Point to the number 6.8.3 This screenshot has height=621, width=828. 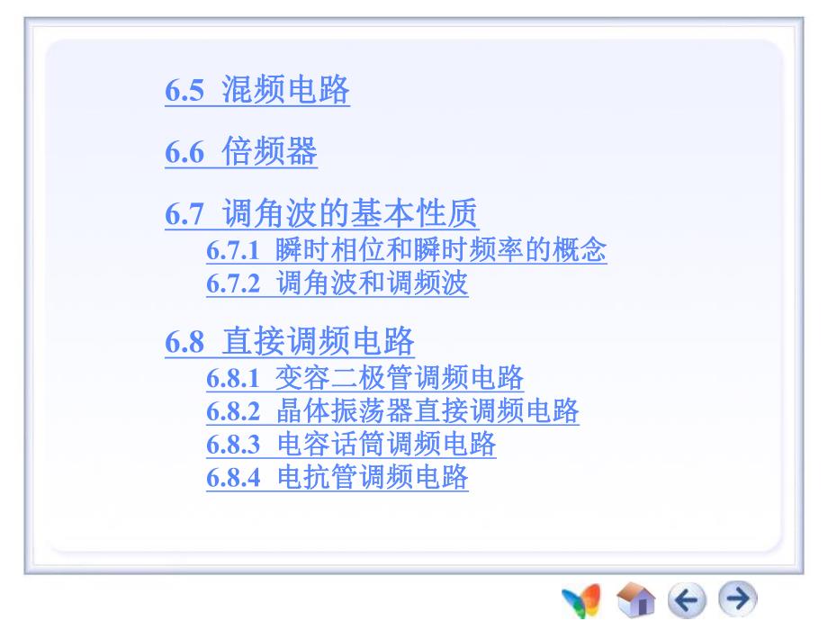pos(232,445)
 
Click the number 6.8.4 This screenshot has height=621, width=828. pos(232,478)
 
